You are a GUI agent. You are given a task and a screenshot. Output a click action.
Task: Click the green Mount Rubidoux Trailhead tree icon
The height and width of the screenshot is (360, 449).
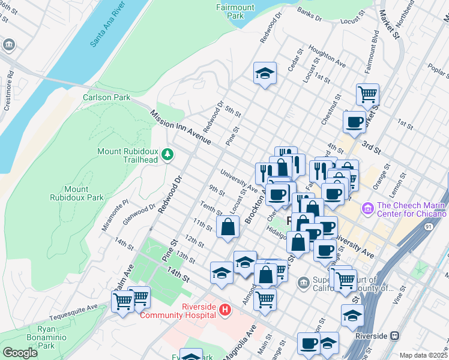167,155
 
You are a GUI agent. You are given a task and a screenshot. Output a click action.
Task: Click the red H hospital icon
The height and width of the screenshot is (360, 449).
225,310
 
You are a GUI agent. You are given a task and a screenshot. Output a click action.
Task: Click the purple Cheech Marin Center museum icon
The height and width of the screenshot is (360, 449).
367,209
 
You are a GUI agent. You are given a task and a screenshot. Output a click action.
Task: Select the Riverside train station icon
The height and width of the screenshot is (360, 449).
394,336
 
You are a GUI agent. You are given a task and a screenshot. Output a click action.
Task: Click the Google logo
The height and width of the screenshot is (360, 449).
20,353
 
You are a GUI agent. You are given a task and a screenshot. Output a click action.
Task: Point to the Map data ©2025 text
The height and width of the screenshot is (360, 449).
423,355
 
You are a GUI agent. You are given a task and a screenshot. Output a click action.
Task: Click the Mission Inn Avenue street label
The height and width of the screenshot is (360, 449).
181,127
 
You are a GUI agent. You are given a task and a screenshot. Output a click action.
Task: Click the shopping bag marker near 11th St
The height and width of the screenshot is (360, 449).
228,227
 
